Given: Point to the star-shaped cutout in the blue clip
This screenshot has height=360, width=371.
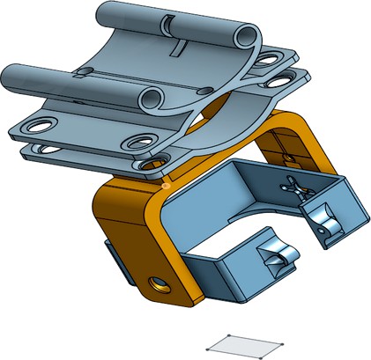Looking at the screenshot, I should click(292, 186).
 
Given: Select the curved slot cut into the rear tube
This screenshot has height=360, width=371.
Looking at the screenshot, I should click(167, 19).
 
